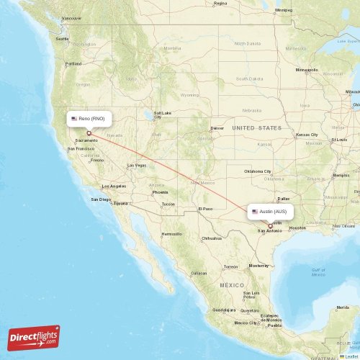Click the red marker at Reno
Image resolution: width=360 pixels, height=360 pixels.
coord(89,132)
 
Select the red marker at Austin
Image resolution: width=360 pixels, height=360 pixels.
coord(271,225)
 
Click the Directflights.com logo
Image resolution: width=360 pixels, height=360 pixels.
coord(34,336)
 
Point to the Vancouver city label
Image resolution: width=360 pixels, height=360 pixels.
coord(71,17)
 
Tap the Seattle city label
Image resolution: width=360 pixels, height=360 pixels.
coord(63,38)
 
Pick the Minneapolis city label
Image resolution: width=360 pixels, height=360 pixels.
coord(307,70)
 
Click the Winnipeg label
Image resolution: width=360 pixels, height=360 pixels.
coord(284,11)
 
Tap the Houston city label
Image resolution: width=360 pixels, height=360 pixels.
coord(297,228)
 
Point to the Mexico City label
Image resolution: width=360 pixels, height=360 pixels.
coord(246,322)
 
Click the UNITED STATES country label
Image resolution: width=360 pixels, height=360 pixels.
coord(257,127)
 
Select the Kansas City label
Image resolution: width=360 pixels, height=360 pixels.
coord(307,135)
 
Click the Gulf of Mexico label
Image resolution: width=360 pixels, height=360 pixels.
coord(318,271)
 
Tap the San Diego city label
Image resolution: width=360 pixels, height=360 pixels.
coord(100,199)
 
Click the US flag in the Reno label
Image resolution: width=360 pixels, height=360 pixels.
coord(73,117)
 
